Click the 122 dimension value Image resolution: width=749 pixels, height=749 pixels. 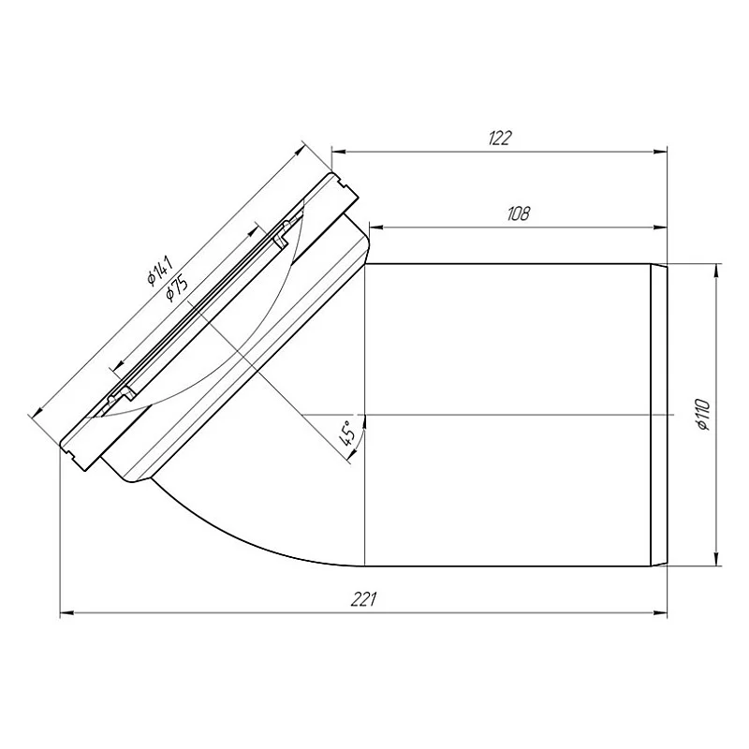coord(500,138)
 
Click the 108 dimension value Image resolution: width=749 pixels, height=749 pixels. coord(518,213)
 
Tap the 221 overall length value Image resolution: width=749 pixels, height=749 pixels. coord(365,600)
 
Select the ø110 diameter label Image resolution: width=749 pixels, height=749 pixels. coord(703,415)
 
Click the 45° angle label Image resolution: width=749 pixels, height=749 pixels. coord(345,434)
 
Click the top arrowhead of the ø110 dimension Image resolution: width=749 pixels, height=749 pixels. coord(717,270)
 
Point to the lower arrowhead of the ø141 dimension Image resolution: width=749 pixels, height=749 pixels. coord(37,411)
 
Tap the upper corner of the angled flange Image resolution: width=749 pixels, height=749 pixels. coord(333,170)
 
